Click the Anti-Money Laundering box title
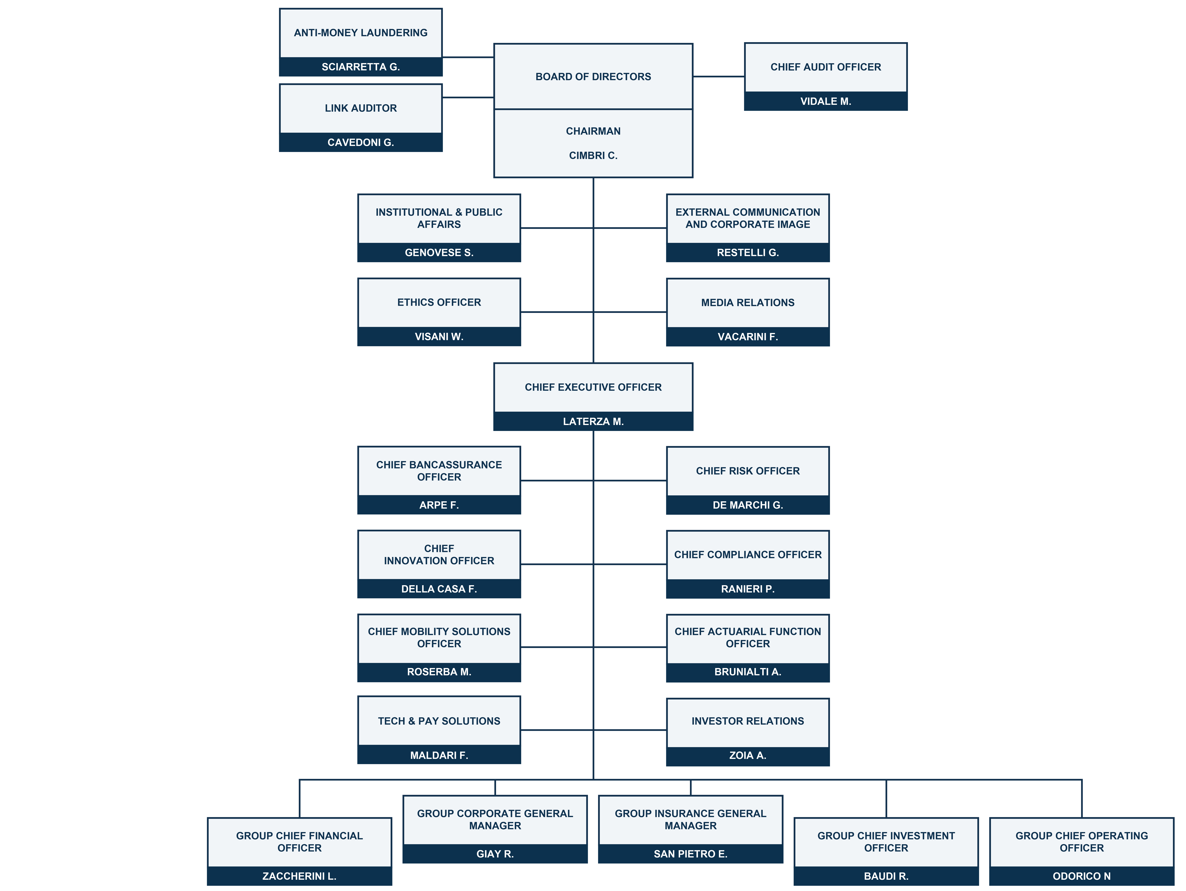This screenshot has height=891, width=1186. [x=361, y=33]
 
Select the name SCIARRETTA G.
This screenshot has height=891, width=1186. [x=361, y=67]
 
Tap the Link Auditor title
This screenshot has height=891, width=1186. [x=361, y=108]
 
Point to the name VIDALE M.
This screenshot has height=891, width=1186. [x=826, y=101]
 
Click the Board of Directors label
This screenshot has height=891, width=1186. [x=593, y=77]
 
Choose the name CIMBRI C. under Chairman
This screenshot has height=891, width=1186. [x=593, y=155]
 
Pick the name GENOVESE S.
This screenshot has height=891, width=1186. [x=439, y=253]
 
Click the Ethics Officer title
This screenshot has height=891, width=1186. [x=439, y=302]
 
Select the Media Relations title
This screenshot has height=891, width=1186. [x=748, y=302]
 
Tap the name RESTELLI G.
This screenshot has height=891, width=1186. [x=748, y=253]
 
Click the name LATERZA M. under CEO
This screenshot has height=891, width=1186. [x=593, y=421]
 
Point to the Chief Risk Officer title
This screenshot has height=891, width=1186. [x=748, y=471]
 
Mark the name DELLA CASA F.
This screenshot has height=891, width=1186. [x=439, y=589]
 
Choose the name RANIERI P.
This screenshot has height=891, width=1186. [x=748, y=589]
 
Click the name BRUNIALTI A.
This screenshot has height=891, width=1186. [x=748, y=672]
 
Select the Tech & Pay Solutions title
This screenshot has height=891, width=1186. [x=439, y=721]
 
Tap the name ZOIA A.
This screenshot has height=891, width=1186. [x=748, y=755]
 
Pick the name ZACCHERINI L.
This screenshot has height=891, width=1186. [x=299, y=876]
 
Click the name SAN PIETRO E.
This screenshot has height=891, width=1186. [x=691, y=854]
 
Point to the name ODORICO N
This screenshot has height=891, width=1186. [x=1081, y=876]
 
